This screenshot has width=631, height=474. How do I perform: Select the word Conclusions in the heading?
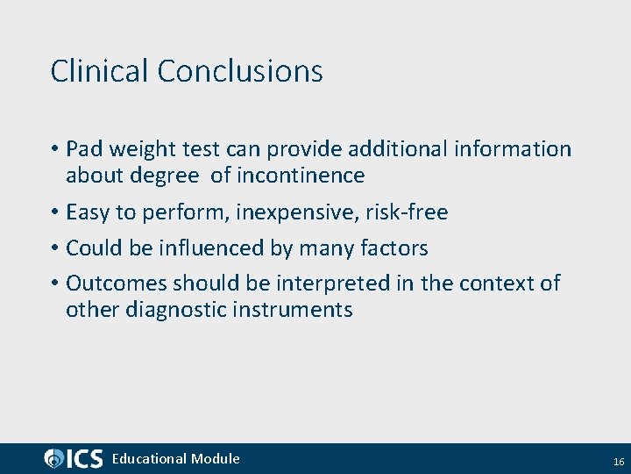pyautogui.click(x=240, y=71)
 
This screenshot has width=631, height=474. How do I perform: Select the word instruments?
pyautogui.click(x=294, y=310)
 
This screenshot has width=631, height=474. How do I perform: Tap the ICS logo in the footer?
pyautogui.click(x=74, y=458)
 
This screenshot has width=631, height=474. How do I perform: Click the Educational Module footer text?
pyautogui.click(x=175, y=458)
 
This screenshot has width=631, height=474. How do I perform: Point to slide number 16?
pyautogui.click(x=618, y=461)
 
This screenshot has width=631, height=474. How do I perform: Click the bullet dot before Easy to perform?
pyautogui.click(x=54, y=213)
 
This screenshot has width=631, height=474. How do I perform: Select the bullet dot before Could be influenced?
pyautogui.click(x=54, y=249)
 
